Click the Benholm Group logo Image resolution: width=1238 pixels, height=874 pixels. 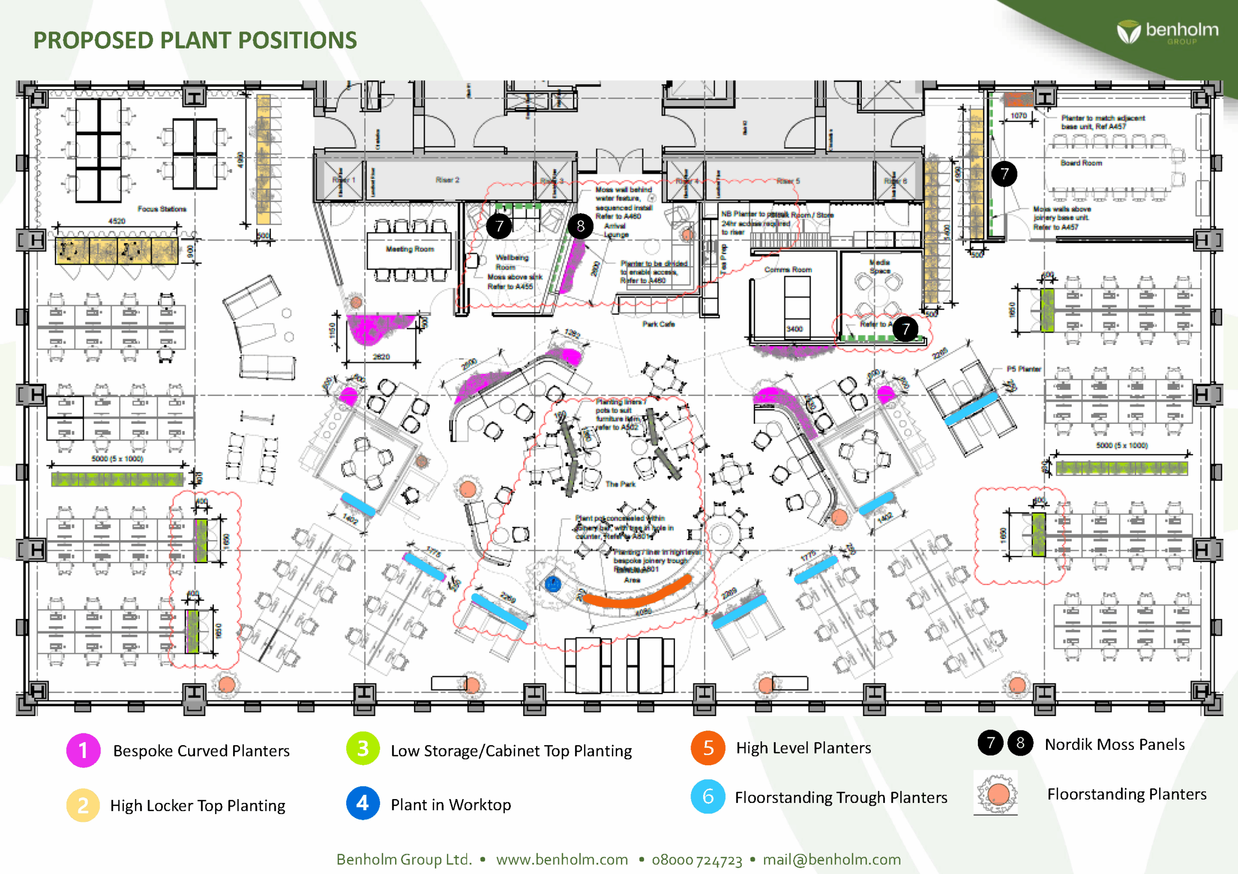point(1167,31)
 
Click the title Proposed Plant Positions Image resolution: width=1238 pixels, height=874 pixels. point(195,41)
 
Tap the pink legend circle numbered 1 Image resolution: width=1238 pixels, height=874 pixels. point(83,750)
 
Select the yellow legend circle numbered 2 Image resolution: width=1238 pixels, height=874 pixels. point(83,805)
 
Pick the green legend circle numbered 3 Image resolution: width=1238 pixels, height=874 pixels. point(363,748)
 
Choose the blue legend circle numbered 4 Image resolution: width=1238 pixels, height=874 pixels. point(363,803)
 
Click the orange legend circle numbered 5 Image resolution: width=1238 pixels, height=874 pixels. point(708,748)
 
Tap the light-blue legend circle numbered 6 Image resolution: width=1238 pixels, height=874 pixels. point(708,796)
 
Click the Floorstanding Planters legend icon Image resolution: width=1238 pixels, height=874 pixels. point(996,793)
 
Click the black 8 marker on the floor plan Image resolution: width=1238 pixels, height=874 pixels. point(580,226)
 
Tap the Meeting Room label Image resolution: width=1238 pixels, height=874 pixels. point(410,249)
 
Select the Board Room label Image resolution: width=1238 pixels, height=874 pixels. point(1081,163)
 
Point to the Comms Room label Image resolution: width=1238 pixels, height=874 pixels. point(788,270)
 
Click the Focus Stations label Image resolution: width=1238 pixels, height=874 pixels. point(162,209)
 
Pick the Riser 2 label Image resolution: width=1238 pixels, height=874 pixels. point(447,180)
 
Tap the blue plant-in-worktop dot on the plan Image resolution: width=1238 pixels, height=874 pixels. point(553,584)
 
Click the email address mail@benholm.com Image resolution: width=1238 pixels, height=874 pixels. point(831,860)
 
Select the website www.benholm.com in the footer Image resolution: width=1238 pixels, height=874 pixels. point(562,860)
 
